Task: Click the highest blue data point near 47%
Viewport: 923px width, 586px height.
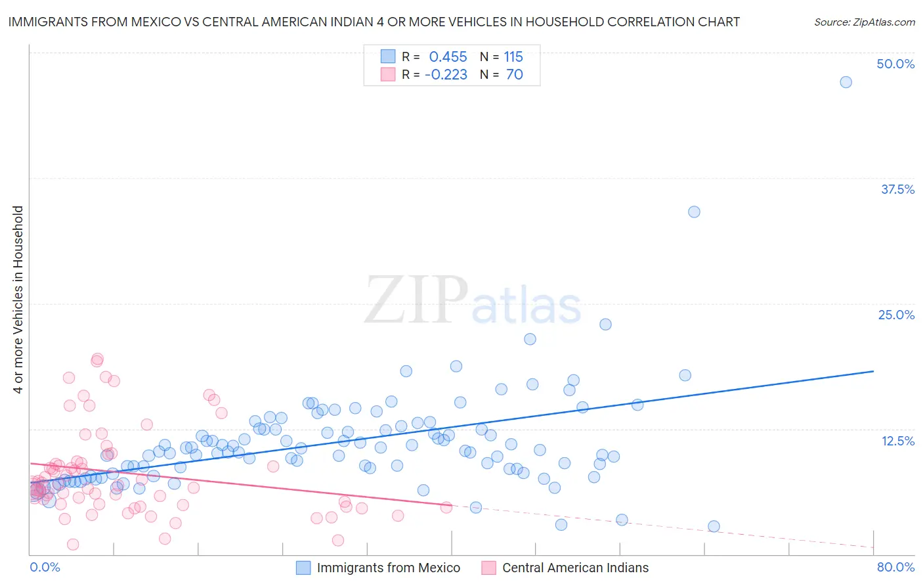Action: (x=846, y=82)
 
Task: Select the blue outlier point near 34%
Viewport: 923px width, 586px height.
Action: (x=694, y=212)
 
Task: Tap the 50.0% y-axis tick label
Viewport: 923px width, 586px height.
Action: (x=895, y=64)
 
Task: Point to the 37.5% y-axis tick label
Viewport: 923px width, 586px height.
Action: (x=897, y=189)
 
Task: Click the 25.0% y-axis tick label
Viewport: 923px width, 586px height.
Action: (x=896, y=315)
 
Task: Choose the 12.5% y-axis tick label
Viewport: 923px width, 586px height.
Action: (x=897, y=441)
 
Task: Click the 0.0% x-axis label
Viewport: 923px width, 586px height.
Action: (x=45, y=567)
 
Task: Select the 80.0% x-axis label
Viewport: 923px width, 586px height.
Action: (x=895, y=567)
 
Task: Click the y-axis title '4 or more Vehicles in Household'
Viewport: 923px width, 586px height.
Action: (x=18, y=300)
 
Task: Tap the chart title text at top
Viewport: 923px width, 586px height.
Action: (x=374, y=22)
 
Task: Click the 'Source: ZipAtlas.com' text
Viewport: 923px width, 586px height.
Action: (x=864, y=22)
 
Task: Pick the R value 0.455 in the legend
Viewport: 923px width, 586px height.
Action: (x=448, y=56)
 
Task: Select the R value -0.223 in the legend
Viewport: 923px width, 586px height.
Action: (x=446, y=74)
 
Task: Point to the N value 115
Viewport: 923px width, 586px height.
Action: (x=513, y=56)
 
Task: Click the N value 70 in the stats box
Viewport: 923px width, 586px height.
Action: (x=515, y=74)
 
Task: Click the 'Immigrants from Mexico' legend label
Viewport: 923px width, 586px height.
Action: (x=389, y=568)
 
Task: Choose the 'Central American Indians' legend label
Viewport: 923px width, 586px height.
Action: (x=575, y=568)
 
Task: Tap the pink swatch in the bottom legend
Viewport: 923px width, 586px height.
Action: (x=488, y=568)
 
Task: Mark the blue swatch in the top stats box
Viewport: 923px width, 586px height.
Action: (x=388, y=56)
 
